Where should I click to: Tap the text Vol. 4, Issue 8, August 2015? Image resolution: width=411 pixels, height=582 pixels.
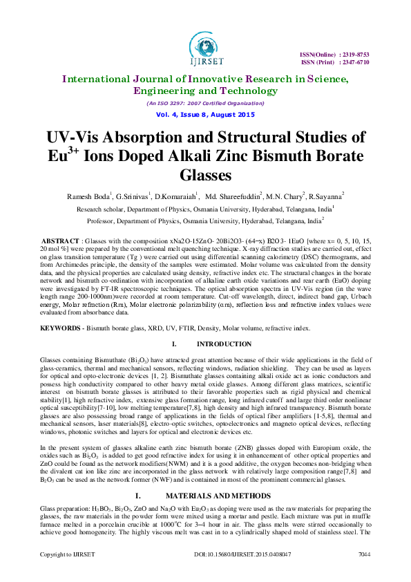[x=204, y=114]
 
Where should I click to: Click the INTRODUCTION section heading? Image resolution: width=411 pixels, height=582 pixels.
[x=224, y=344]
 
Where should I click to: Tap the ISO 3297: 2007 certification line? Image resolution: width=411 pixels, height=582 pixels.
[x=204, y=103]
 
